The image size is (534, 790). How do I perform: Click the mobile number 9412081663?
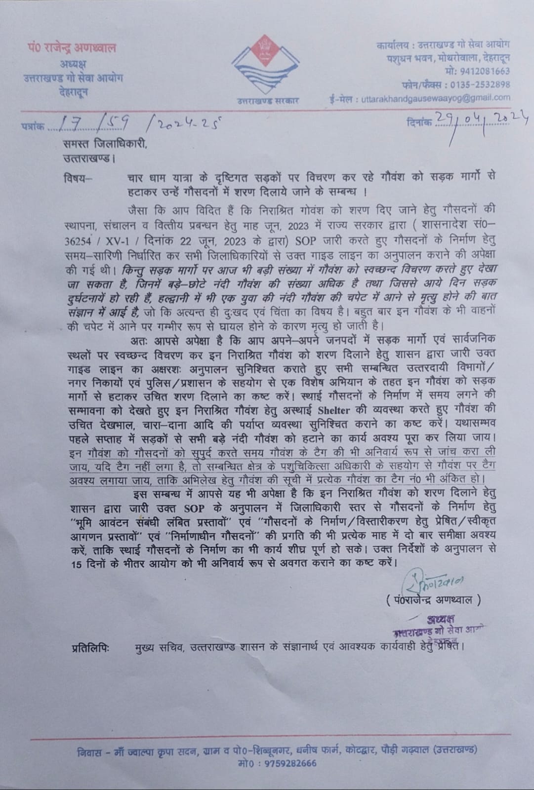(487, 71)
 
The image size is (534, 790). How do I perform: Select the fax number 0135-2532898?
(484, 84)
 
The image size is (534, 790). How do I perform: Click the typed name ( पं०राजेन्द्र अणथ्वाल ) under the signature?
(434, 600)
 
